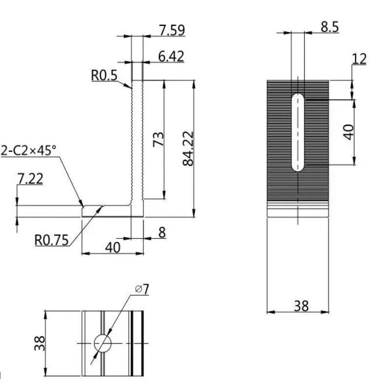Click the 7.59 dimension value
click(172, 30)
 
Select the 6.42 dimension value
click(171, 57)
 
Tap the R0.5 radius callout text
click(104, 75)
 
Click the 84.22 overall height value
click(188, 148)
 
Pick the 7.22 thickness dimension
click(30, 179)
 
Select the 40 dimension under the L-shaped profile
click(113, 247)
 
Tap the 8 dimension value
click(162, 233)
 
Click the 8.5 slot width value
click(330, 27)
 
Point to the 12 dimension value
click(359, 59)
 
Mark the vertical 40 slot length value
click(348, 132)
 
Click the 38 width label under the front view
click(301, 306)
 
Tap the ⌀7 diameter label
click(141, 289)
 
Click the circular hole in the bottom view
click(102, 343)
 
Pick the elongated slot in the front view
click(297, 133)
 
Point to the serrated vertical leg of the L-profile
click(137, 141)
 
